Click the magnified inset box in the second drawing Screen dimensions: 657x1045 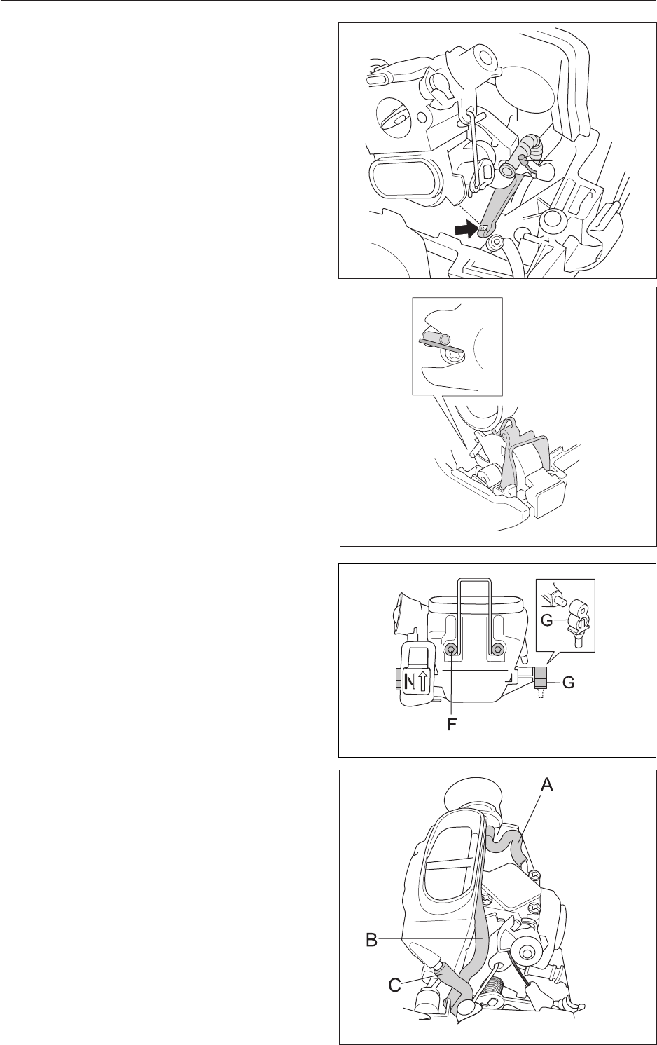pyautogui.click(x=457, y=346)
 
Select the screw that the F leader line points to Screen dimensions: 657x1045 pyautogui.click(x=452, y=650)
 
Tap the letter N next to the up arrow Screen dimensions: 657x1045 pyautogui.click(x=414, y=680)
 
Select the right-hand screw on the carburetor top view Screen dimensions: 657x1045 pyautogui.click(x=498, y=650)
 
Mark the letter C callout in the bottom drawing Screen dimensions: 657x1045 pyautogui.click(x=396, y=985)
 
